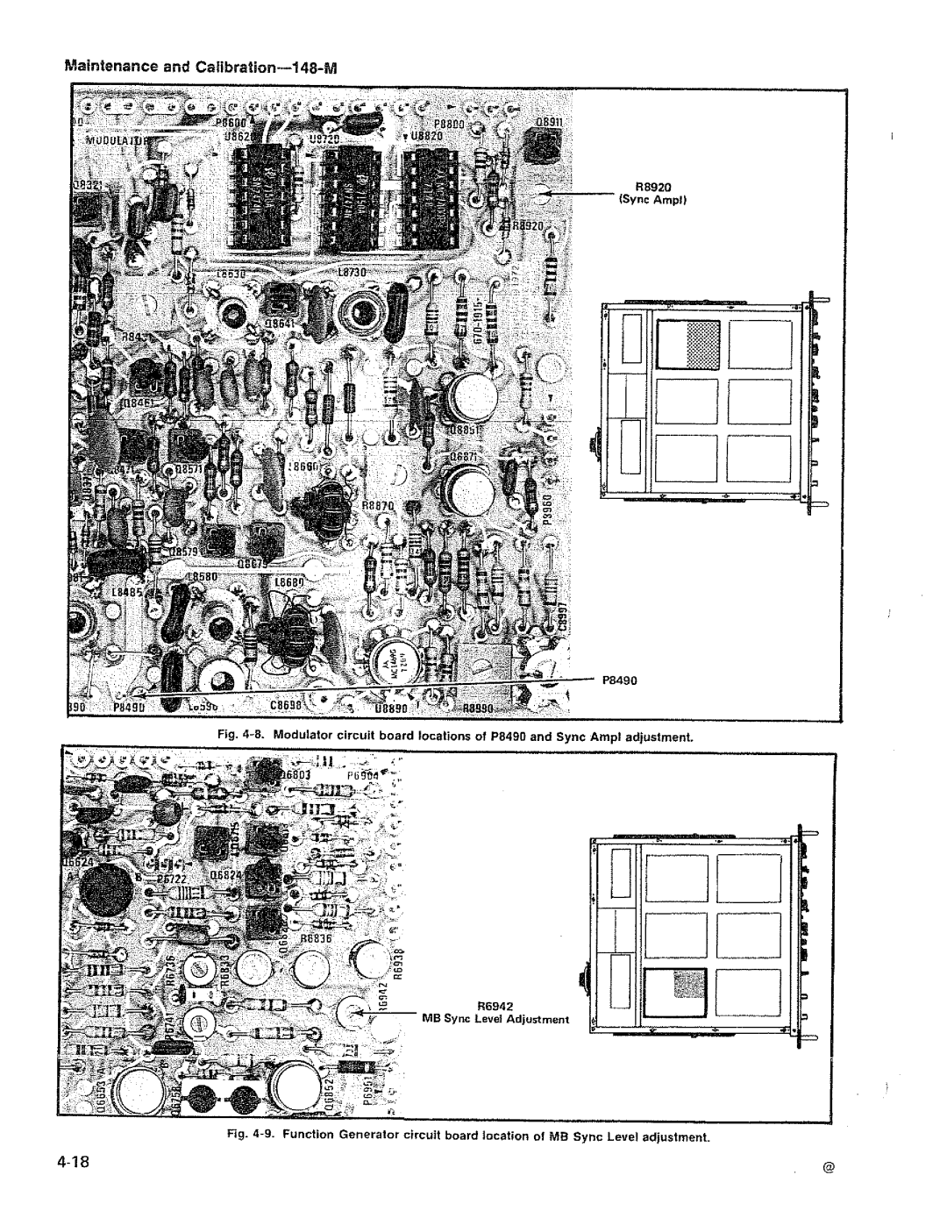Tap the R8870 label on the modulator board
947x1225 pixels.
pyautogui.click(x=378, y=506)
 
